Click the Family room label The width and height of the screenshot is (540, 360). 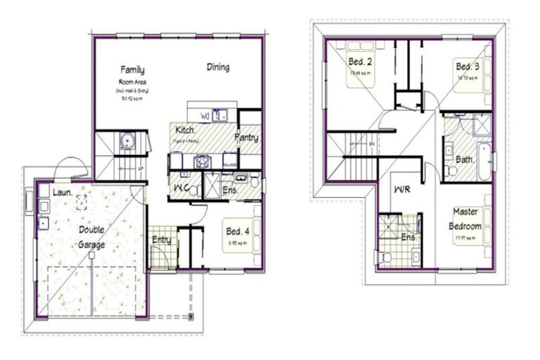pyautogui.click(x=132, y=70)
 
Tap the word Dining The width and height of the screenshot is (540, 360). pyautogui.click(x=218, y=67)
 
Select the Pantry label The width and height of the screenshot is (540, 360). pyautogui.click(x=247, y=138)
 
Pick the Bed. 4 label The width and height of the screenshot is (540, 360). pyautogui.click(x=237, y=231)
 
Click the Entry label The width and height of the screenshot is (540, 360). pyautogui.click(x=162, y=240)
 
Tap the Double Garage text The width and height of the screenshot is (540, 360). pyautogui.click(x=92, y=238)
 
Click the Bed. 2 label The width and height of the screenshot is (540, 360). pyautogui.click(x=360, y=63)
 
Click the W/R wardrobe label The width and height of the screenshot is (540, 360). pyautogui.click(x=403, y=190)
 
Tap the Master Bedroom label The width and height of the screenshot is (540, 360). pyautogui.click(x=466, y=219)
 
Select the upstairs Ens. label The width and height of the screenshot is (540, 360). pyautogui.click(x=409, y=238)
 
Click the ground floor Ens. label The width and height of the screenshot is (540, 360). pyautogui.click(x=231, y=191)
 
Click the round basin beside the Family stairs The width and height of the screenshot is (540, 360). pyautogui.click(x=127, y=141)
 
